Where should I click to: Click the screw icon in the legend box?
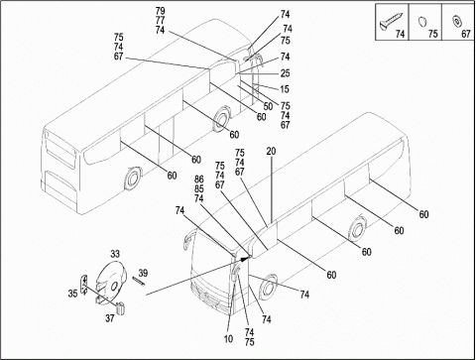[x=391, y=22]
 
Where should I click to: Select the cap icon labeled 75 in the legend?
[x=422, y=22]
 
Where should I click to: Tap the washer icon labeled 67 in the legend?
[x=457, y=21]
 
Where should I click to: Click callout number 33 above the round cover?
[x=115, y=254]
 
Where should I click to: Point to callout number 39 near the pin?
[x=143, y=274]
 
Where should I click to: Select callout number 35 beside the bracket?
[x=72, y=294]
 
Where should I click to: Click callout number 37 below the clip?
[x=110, y=318]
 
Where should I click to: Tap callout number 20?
[x=271, y=152]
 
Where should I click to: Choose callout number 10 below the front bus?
[x=228, y=339]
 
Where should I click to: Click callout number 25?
[x=285, y=73]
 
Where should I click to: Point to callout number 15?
[x=285, y=89]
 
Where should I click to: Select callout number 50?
[x=268, y=106]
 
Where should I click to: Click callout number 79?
[x=160, y=11]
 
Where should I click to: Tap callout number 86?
[x=199, y=180]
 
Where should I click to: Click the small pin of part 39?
[x=138, y=281]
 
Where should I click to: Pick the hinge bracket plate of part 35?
[x=84, y=284]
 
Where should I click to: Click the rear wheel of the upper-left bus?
[x=133, y=179]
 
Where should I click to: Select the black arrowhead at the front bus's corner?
[x=245, y=258]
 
